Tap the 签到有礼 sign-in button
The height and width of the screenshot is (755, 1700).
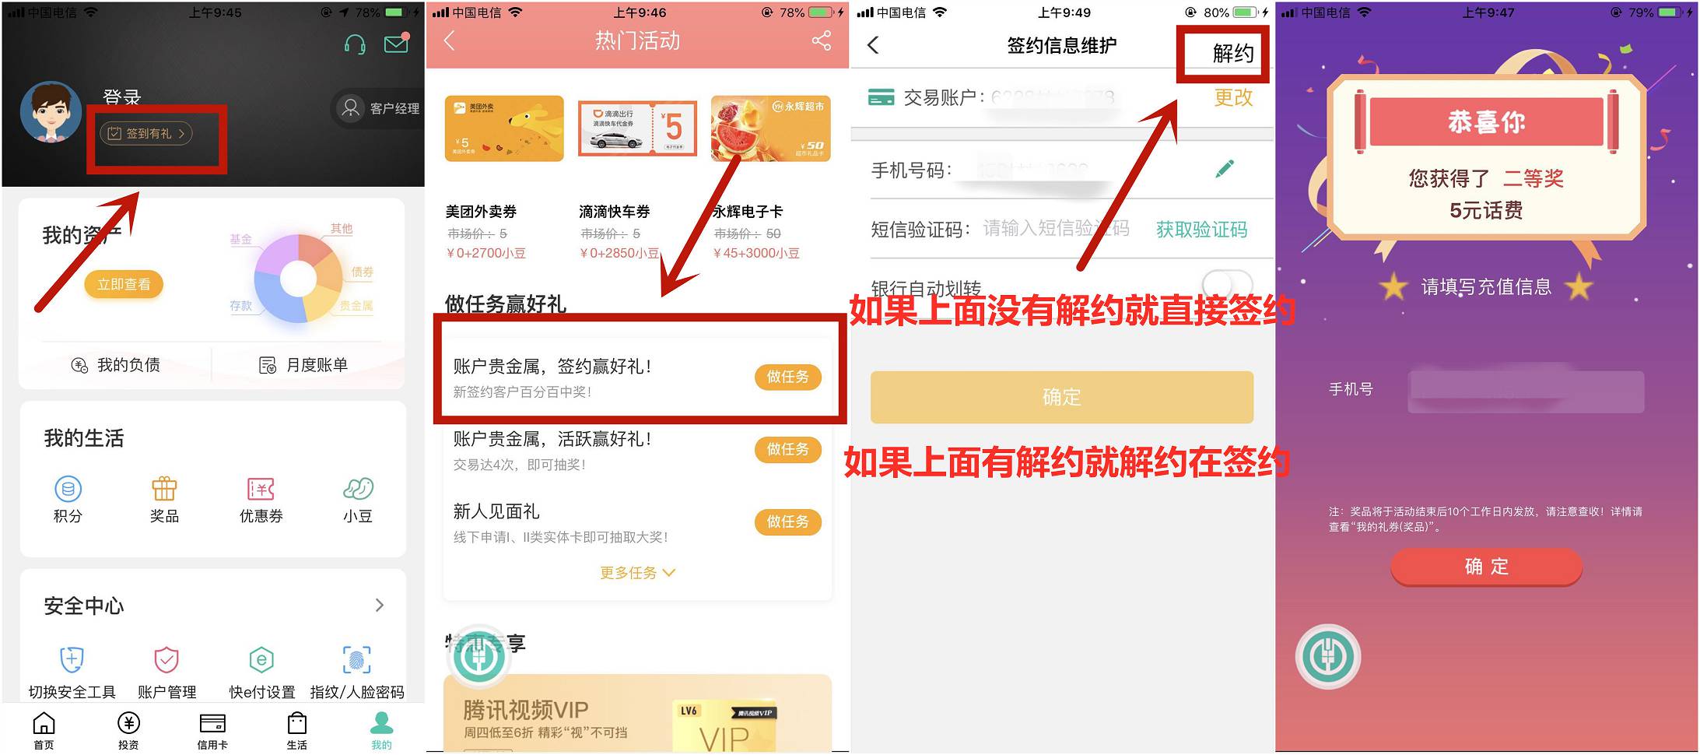pos(146,134)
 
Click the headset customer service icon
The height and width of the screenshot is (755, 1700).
pos(355,44)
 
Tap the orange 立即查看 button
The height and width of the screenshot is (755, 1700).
pos(124,285)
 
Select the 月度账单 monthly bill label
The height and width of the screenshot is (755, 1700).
pos(317,365)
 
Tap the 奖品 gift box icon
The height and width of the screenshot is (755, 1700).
pos(164,489)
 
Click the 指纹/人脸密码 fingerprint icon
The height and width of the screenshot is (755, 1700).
pos(357,660)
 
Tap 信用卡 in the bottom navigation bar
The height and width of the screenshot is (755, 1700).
pos(212,730)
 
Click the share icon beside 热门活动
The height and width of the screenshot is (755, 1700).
pos(822,40)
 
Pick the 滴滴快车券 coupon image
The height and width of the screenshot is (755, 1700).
pos(637,128)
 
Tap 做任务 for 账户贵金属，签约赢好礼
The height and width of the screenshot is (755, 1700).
pos(787,377)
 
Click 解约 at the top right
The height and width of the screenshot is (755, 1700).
pos(1233,53)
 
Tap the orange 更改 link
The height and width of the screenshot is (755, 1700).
pos(1233,97)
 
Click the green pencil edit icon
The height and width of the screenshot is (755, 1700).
pos(1225,169)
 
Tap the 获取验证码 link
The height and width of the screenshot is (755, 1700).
pos(1201,230)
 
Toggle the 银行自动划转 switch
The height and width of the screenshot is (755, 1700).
pos(1227,284)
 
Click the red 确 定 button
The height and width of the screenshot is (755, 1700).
pos(1486,567)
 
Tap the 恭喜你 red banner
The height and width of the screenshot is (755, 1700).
pos(1486,122)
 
